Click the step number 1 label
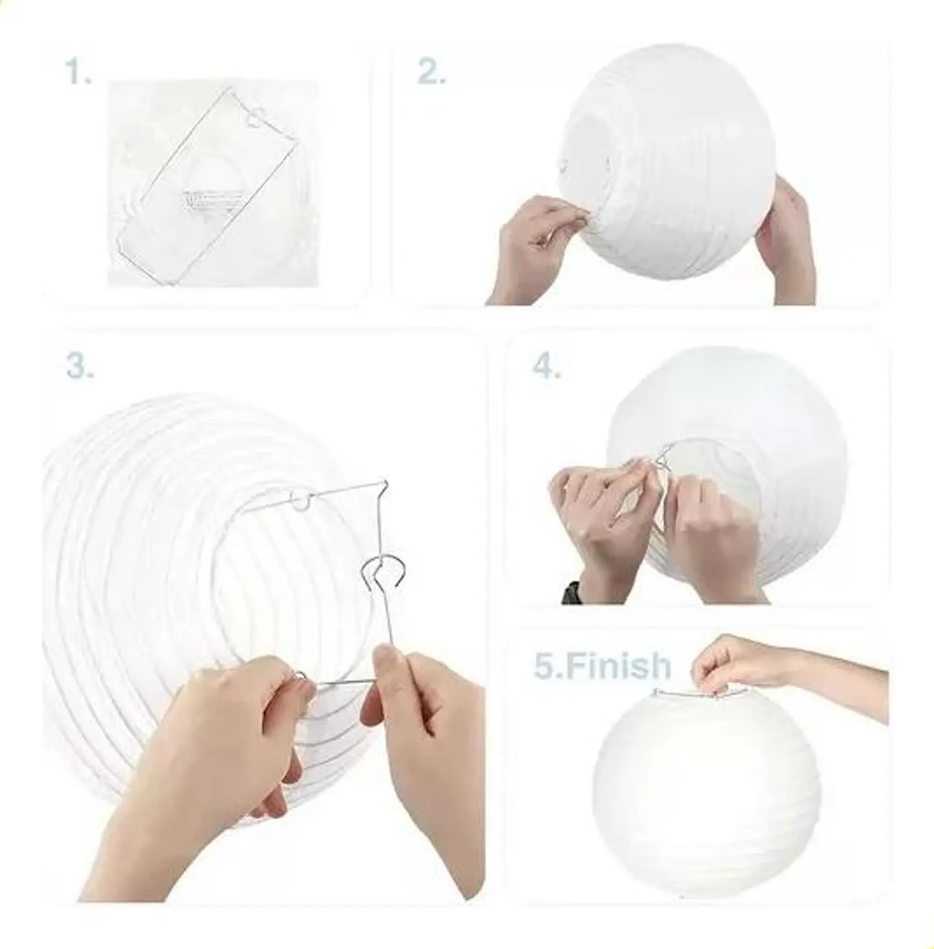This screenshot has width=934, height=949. [x=78, y=73]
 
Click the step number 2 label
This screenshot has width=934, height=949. [x=431, y=73]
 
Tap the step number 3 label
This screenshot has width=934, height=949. [x=80, y=366]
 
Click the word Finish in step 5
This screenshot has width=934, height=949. [x=616, y=665]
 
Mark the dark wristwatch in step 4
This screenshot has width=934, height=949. [x=571, y=592]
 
